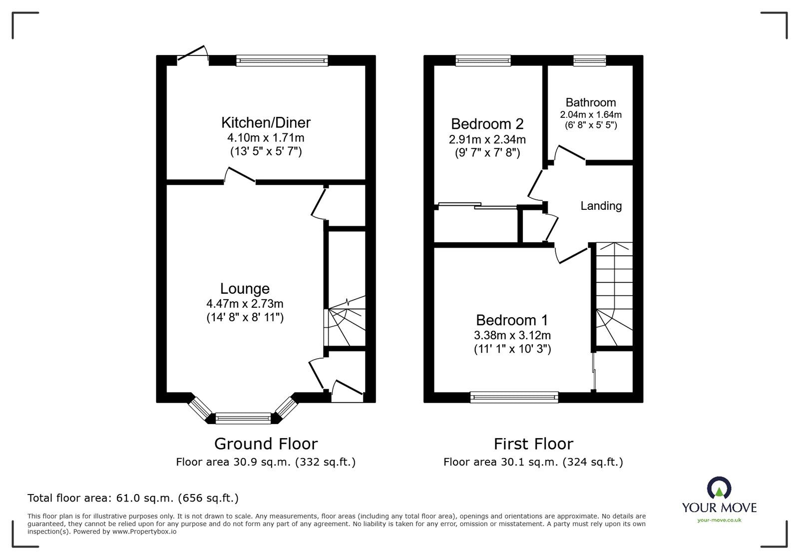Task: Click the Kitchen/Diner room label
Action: point(266,122)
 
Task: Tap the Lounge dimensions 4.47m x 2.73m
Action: point(245,303)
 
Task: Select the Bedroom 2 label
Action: point(487,124)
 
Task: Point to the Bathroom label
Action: point(591,102)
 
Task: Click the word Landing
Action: point(601,206)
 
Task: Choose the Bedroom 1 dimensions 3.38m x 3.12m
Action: point(512,335)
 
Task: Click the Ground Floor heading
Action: point(266,444)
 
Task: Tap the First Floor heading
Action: point(533,444)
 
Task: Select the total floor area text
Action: point(133,498)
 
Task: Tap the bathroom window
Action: point(589,60)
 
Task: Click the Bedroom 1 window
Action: point(514,397)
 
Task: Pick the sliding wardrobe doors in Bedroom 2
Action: point(477,205)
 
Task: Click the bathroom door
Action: point(569,153)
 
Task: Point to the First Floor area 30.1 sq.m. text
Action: point(533,462)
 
